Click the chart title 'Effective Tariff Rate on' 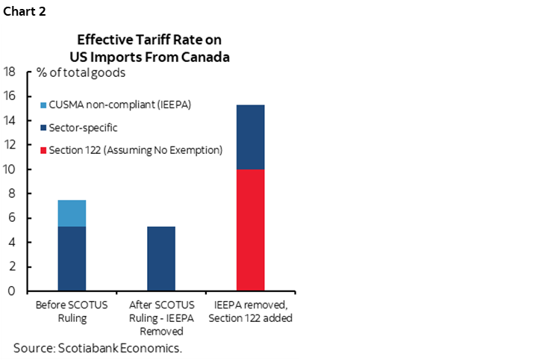(149, 39)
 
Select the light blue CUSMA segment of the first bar (72, 213)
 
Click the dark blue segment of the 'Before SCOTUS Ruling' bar (72, 258)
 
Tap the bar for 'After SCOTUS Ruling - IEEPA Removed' (161, 258)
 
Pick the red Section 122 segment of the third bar (251, 230)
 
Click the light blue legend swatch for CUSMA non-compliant (43, 105)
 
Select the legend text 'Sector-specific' (83, 128)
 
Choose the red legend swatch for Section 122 (43, 150)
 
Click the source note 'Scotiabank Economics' (98, 348)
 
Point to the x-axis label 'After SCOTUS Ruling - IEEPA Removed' (161, 317)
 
